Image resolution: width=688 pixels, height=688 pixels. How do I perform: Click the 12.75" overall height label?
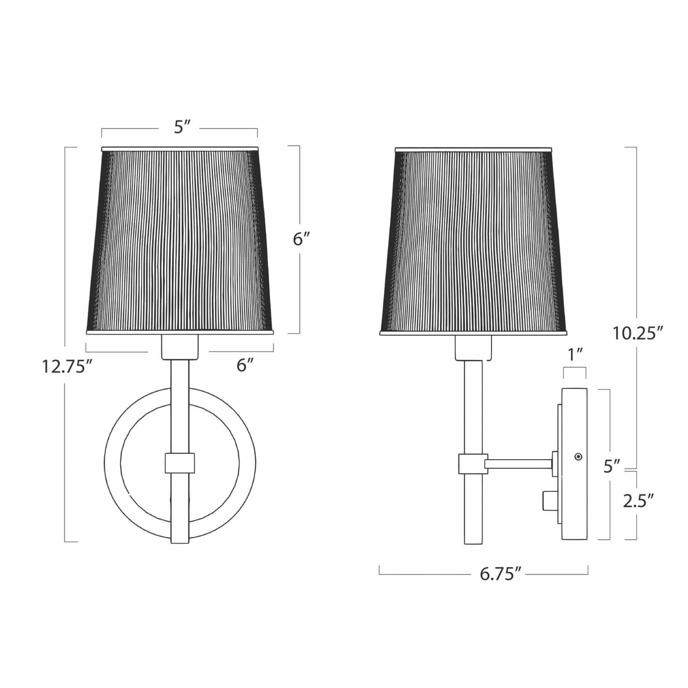point(68,367)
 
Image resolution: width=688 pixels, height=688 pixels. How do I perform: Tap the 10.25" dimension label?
point(637,333)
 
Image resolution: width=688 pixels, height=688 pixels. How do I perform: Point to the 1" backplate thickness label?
point(575,355)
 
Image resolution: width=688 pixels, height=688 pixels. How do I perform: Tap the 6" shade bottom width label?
point(245,366)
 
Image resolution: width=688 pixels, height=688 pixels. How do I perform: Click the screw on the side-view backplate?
point(579,456)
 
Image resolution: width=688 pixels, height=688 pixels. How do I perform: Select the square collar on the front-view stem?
point(180,463)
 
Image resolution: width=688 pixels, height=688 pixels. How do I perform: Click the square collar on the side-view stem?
point(473,464)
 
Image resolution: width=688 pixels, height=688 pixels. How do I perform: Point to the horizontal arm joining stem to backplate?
point(519,464)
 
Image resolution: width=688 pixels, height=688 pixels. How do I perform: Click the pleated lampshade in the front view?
point(180,241)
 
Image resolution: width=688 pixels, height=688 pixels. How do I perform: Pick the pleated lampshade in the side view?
point(473,241)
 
